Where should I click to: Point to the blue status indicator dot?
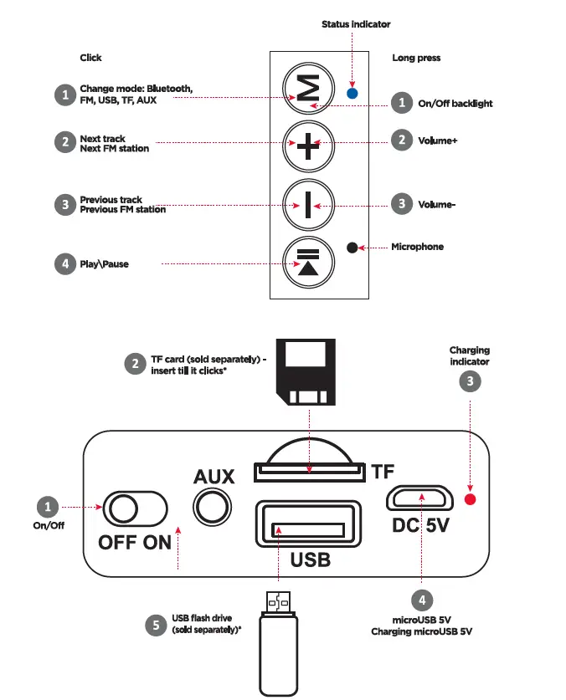pos(352,94)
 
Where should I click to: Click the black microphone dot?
pos(352,248)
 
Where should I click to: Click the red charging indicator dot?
pos(470,499)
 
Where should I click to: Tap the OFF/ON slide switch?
pos(135,508)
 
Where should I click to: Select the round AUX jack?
pos(214,507)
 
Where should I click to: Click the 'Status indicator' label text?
pos(356,24)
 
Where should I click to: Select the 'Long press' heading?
pos(416,58)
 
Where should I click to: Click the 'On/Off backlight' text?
pos(455,104)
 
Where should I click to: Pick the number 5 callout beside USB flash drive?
pos(154,626)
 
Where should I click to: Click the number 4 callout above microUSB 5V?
pos(421,600)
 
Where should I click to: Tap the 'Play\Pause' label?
pos(104,264)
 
